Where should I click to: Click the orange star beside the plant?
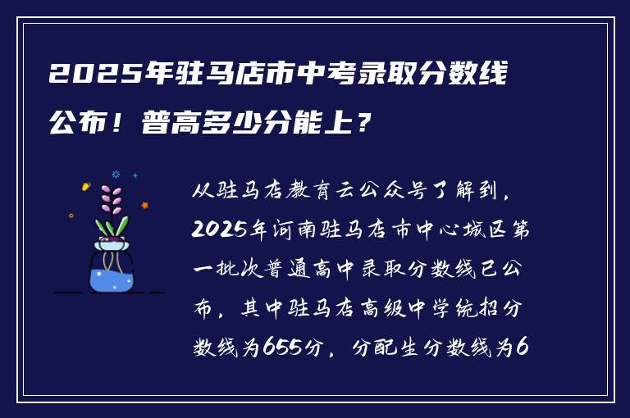coord(145,205)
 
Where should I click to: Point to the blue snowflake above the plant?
coord(116,174)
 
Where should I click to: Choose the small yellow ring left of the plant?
coord(71,216)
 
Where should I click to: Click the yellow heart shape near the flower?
coord(85,187)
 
